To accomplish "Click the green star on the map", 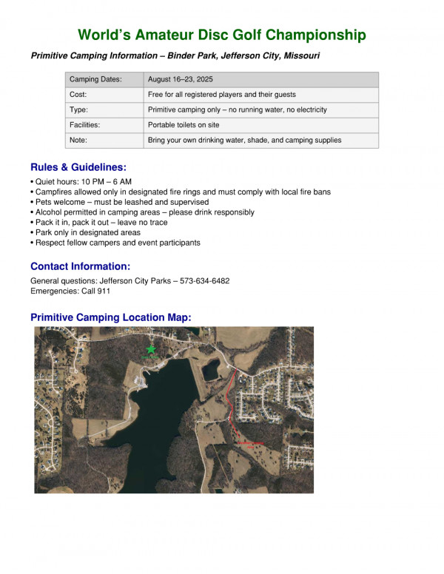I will click(151, 348).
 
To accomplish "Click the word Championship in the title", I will click(315, 35).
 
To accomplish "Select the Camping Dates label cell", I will click(95, 79).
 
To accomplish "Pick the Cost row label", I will click(78, 95).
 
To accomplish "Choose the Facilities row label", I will click(84, 125).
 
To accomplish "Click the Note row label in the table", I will click(78, 140).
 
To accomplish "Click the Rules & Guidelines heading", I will click(78, 167).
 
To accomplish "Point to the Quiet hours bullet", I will click(81, 182).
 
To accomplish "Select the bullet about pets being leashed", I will click(119, 202).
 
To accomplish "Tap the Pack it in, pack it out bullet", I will click(99, 222).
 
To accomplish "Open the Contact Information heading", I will click(80, 266).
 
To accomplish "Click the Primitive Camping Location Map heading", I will click(110, 317).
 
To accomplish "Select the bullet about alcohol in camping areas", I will click(141, 212).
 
